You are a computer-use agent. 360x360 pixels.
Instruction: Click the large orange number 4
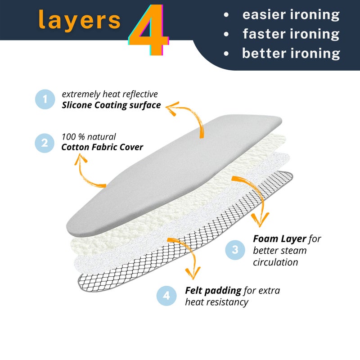coord(149,29)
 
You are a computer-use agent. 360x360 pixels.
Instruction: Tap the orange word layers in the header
coord(80,20)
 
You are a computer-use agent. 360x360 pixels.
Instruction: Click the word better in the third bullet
coord(264,53)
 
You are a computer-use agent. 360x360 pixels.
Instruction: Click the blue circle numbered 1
coord(45,99)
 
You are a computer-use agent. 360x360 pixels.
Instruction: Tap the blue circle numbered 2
coord(45,143)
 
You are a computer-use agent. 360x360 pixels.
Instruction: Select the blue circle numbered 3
coord(235,250)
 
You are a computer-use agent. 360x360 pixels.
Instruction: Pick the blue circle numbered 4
coord(166,296)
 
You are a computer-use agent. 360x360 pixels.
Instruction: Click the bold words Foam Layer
coord(279,239)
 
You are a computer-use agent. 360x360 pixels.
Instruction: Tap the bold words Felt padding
coord(213,291)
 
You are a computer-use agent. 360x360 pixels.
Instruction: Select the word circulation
coord(275,262)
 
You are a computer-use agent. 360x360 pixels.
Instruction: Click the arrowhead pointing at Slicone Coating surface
coord(172,108)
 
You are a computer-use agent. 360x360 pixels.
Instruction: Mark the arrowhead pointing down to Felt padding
coord(193,273)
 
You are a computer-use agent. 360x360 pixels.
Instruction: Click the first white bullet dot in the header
coord(226,15)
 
